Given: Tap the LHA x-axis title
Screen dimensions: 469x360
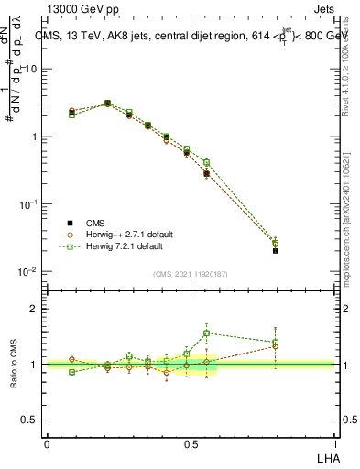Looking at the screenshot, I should tap(326, 455).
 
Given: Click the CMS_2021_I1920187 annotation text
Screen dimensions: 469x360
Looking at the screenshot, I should tap(191, 274).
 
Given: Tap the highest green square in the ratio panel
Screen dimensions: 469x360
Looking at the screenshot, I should tap(206, 333).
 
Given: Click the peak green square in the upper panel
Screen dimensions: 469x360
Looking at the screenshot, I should tap(108, 104).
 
